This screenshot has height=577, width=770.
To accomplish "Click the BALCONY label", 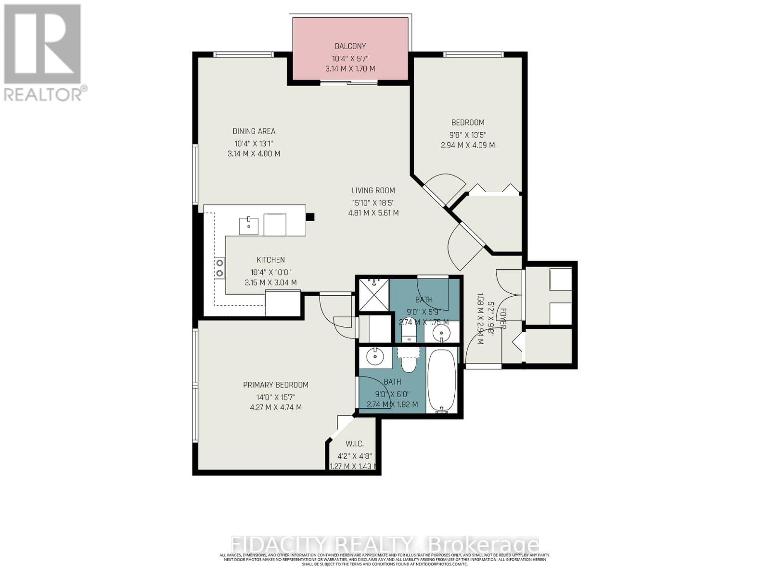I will pos(350,46).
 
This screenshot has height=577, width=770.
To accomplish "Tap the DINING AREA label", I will pos(254,131).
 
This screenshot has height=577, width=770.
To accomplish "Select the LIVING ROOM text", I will pos(373,190).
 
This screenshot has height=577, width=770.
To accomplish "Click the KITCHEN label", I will pos(270,260).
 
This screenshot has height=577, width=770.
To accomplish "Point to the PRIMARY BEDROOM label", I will pos(275,385).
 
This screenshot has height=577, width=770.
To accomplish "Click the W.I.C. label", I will pos(354,443).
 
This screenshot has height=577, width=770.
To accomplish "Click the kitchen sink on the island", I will pos(249,226).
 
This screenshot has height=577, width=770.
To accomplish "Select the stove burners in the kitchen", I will pos(219,267).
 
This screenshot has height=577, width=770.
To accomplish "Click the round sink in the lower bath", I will pos(373,357).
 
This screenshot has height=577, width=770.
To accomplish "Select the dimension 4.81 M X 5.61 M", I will pos(373,213).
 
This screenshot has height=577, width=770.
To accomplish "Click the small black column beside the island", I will pos(310,217).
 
